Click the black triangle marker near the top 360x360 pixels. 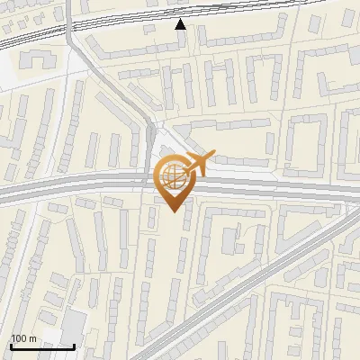[x=181, y=24]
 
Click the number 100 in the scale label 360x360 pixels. [x=19, y=338]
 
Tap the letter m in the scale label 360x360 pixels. [x=32, y=338]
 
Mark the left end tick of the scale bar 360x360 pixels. [x=11, y=346]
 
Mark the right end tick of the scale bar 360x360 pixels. [x=74, y=346]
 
